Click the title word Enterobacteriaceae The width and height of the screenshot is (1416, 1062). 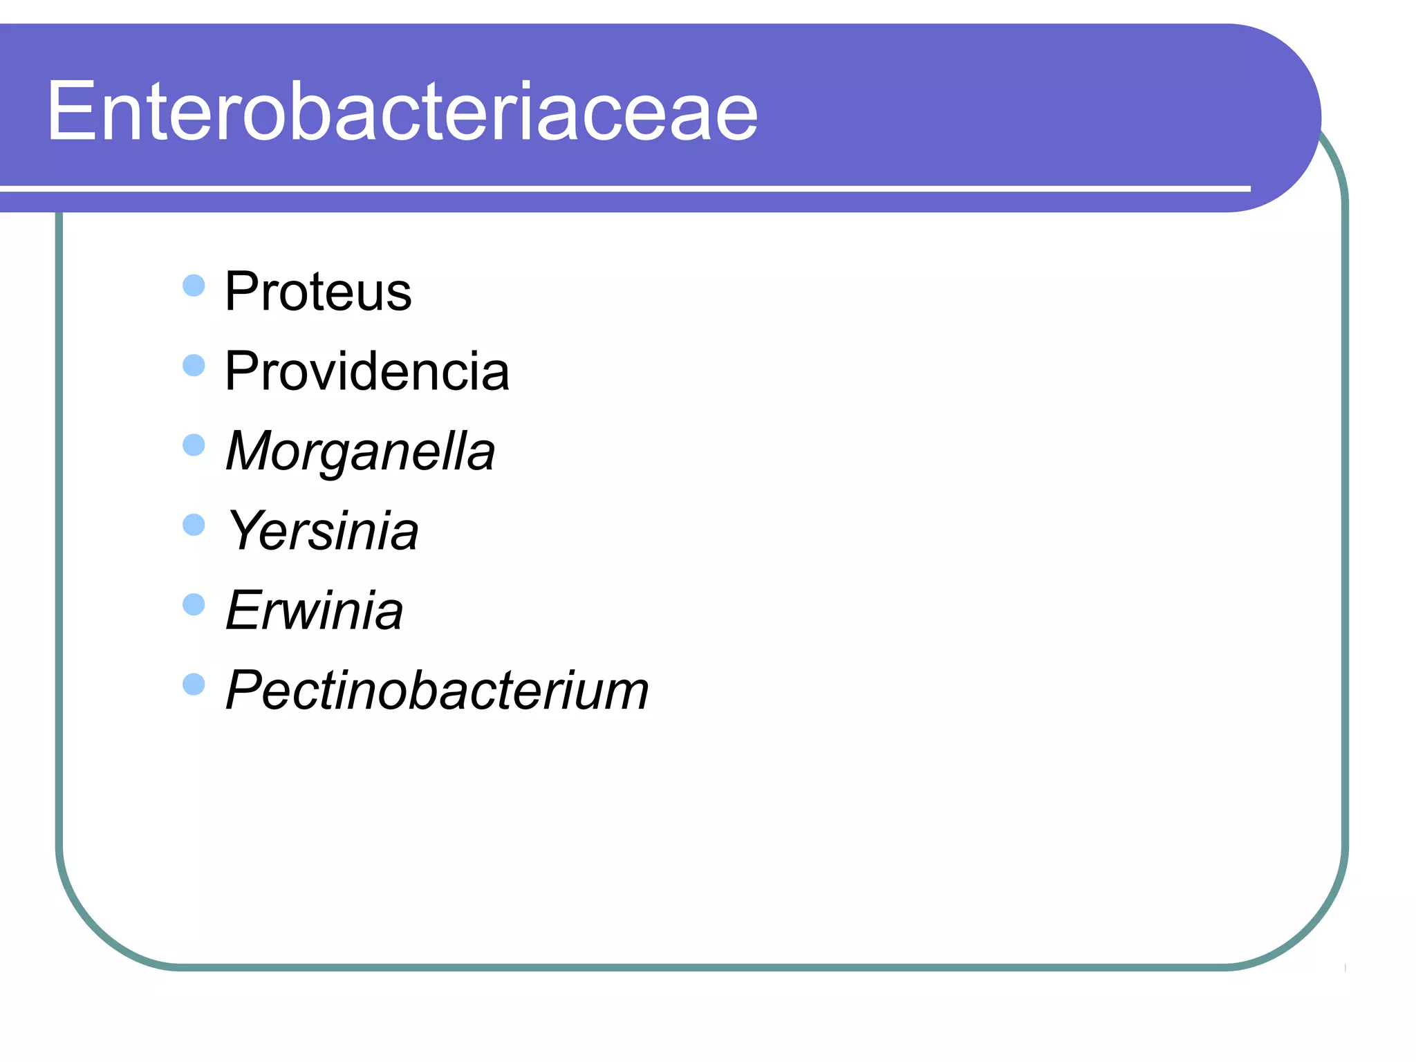click(x=402, y=112)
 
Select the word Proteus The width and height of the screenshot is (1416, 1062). click(x=318, y=292)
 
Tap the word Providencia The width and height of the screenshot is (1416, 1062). click(x=367, y=371)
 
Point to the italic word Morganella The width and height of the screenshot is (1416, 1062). click(x=360, y=451)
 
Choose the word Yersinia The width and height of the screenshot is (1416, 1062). click(x=323, y=531)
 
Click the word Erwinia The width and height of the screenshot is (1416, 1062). click(x=315, y=611)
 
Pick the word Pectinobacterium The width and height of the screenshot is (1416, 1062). click(x=437, y=690)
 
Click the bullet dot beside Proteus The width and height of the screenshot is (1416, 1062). click(x=194, y=286)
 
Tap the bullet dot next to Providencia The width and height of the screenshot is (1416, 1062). click(x=194, y=365)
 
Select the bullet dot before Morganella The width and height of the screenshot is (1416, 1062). click(x=194, y=445)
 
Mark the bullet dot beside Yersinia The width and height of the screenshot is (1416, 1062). click(x=194, y=525)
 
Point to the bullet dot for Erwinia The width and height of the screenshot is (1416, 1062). click(x=194, y=605)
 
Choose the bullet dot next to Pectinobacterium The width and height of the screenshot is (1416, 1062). click(x=194, y=684)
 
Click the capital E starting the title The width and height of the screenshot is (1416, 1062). click(x=70, y=112)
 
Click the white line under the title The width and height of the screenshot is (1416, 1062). click(x=622, y=188)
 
